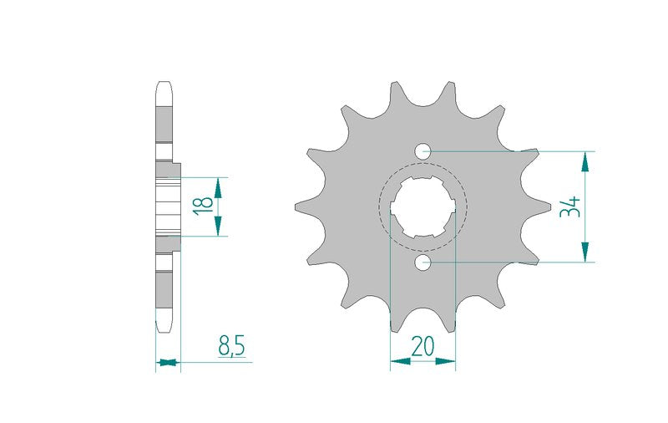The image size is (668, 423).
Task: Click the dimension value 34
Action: [570, 206]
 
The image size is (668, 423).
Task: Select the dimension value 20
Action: [423, 346]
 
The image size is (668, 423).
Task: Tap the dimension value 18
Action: [204, 206]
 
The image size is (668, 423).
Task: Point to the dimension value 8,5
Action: [231, 346]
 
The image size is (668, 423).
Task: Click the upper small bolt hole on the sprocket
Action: [423, 151]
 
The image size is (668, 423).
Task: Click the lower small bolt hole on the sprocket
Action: [423, 262]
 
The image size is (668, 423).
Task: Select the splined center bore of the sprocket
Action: [423, 206]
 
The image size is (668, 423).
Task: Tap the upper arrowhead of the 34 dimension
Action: [585, 161]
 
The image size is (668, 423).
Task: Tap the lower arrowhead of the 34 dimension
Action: [585, 252]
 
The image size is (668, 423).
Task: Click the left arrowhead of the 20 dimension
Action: [401, 362]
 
